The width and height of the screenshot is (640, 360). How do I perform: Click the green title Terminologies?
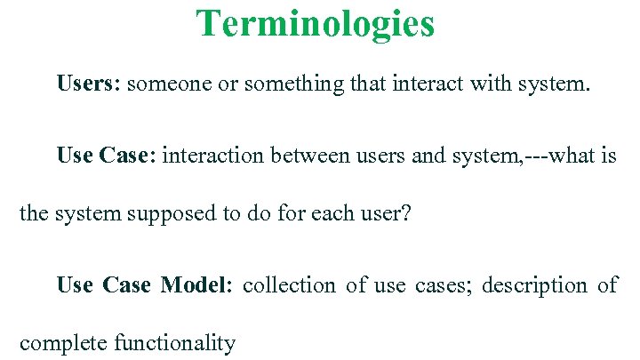tap(316, 24)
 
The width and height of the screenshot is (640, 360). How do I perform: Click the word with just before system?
tap(481, 84)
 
